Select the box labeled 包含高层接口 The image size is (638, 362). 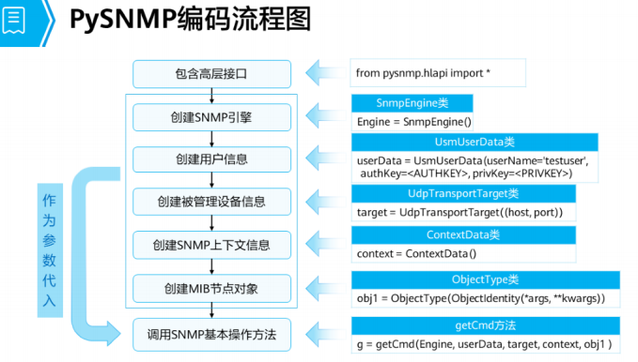212,72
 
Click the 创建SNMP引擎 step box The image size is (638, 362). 212,117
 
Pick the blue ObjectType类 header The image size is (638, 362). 485,279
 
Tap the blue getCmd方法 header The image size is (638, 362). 485,324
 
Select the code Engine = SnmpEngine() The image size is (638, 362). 413,122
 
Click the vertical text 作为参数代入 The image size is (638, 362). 49,249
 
